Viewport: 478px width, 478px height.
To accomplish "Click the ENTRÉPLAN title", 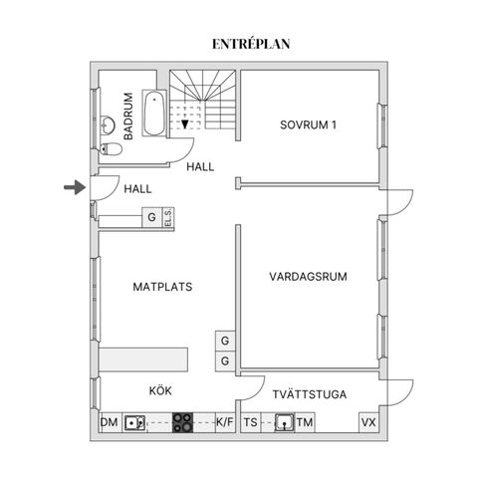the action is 251,44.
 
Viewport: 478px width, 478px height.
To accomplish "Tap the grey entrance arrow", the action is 75,187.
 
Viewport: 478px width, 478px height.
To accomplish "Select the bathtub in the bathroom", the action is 154,113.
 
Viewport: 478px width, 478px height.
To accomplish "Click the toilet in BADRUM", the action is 112,149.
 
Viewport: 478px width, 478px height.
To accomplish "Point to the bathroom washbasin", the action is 108,125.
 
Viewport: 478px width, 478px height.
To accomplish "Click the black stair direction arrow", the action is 185,124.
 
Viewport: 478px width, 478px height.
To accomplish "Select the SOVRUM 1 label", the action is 308,125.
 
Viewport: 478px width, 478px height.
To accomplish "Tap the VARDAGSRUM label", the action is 308,277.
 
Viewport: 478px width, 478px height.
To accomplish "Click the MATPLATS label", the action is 162,287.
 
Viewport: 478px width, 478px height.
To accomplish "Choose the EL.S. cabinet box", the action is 168,218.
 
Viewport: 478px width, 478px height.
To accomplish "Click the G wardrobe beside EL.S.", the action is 152,218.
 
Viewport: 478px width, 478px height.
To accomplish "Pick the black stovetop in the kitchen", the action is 182,422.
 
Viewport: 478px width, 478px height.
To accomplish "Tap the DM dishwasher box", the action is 111,422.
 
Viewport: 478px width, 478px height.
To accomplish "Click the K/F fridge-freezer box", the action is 225,422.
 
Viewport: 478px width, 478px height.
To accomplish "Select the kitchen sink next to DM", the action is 134,422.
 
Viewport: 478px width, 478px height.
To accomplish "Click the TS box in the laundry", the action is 251,422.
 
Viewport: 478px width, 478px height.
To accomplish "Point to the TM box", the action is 305,422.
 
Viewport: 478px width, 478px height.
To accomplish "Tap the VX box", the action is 368,422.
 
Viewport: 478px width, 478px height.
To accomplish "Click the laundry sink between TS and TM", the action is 285,422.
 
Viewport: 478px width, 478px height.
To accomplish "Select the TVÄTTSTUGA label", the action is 310,394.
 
